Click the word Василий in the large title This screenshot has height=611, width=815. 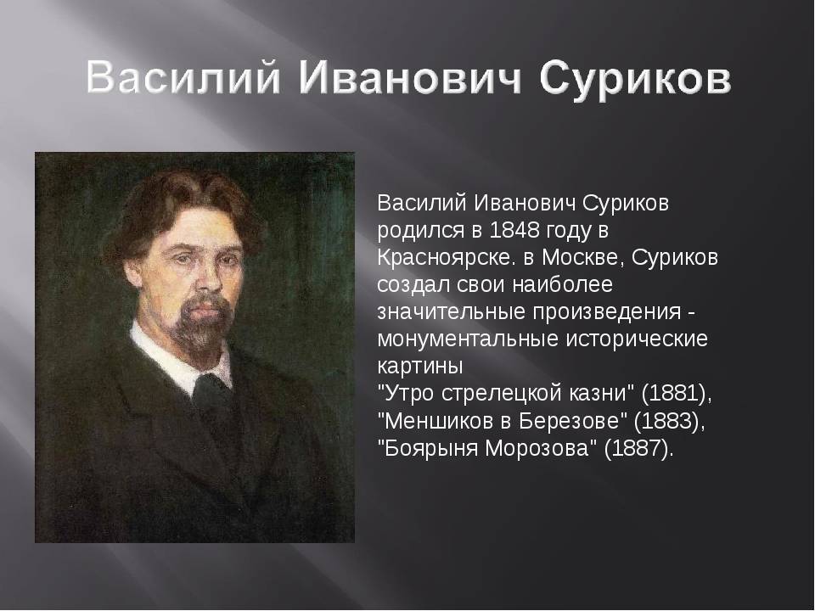pyautogui.click(x=183, y=79)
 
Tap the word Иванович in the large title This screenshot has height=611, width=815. pyautogui.click(x=410, y=78)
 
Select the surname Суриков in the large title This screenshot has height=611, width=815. pyautogui.click(x=635, y=80)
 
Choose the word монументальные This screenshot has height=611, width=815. pyautogui.click(x=467, y=339)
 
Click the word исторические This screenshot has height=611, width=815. pyautogui.click(x=636, y=339)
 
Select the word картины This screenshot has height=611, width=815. pyautogui.click(x=420, y=367)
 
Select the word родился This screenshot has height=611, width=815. pyautogui.click(x=420, y=231)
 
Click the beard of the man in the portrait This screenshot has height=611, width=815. pyautogui.click(x=200, y=322)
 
